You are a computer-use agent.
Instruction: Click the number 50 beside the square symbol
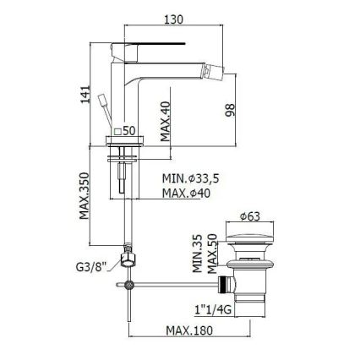(130, 130)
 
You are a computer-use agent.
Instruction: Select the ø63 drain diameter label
(251, 215)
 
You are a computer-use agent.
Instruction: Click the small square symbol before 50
(118, 130)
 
